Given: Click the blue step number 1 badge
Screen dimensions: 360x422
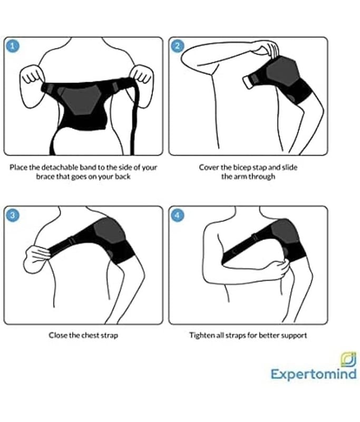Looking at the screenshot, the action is (x=12, y=46).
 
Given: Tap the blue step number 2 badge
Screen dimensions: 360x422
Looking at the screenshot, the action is (x=177, y=46).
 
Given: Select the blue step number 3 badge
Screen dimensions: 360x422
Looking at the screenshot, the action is (x=12, y=215).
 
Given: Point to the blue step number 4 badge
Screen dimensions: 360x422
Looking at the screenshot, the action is (x=177, y=215).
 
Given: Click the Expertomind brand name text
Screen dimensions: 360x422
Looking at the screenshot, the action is (x=314, y=375).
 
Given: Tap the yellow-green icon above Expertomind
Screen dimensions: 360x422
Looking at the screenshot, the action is (x=348, y=359).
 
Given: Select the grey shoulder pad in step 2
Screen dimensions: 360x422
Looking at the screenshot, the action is (x=283, y=71).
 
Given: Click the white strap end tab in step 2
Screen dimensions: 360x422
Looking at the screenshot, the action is (x=248, y=82).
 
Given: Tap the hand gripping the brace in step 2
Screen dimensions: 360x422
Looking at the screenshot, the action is (x=267, y=49).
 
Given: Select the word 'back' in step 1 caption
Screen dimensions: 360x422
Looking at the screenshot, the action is (x=123, y=177).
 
